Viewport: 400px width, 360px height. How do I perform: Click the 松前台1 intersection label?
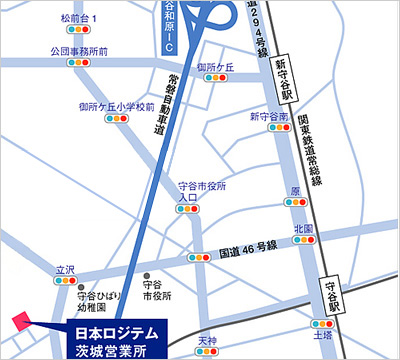[80, 18]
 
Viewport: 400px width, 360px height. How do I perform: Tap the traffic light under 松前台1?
[80, 33]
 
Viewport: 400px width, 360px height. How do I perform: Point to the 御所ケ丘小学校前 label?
[116, 105]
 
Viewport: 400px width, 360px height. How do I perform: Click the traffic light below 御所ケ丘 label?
[215, 82]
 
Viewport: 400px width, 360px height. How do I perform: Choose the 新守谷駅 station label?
[282, 76]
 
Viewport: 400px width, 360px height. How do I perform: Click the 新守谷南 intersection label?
[270, 117]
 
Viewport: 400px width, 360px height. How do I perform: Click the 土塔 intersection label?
[322, 338]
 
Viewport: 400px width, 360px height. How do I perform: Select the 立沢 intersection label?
[65, 269]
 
